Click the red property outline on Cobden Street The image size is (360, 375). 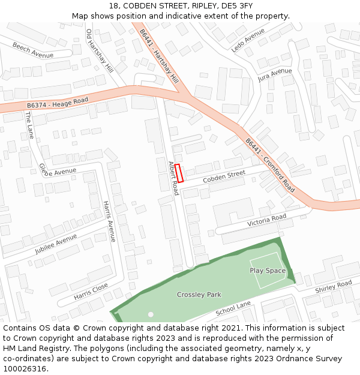(x=179, y=173)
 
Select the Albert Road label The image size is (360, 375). (x=173, y=178)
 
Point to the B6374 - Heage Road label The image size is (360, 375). (x=58, y=104)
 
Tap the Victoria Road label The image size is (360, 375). (x=267, y=220)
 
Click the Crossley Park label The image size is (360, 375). (x=199, y=295)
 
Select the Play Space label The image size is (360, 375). (x=268, y=271)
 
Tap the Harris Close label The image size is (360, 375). (x=91, y=292)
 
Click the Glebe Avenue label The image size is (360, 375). (x=58, y=171)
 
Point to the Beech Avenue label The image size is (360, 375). (x=33, y=50)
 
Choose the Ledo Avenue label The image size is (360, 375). (x=248, y=40)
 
